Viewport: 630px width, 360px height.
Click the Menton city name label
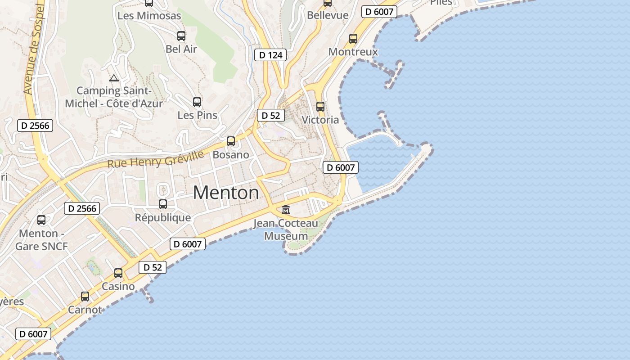pos(226,193)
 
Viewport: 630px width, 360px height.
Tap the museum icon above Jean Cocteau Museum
pos(286,209)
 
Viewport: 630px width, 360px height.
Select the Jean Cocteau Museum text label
pos(286,229)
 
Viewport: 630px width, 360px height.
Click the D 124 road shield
pos(270,55)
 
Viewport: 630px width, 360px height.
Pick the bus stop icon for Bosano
pos(231,141)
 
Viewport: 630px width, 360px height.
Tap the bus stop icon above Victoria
pos(320,107)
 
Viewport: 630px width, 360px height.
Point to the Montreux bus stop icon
pos(353,39)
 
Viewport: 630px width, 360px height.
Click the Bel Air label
pos(181,49)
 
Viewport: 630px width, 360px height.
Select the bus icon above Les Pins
pos(197,102)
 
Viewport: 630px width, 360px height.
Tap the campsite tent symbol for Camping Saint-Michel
pos(114,78)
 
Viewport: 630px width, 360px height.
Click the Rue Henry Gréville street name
pos(155,159)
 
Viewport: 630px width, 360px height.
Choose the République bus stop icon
pos(163,204)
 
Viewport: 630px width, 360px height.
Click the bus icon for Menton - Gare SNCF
pos(41,220)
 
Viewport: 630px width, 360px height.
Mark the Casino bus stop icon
pos(118,273)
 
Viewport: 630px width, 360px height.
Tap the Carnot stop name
pos(85,310)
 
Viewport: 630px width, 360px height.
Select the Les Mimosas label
pos(149,16)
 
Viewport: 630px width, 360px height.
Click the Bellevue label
pos(328,15)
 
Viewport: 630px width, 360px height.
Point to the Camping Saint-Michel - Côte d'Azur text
pos(114,97)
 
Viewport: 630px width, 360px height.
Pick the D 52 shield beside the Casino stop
pos(153,267)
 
